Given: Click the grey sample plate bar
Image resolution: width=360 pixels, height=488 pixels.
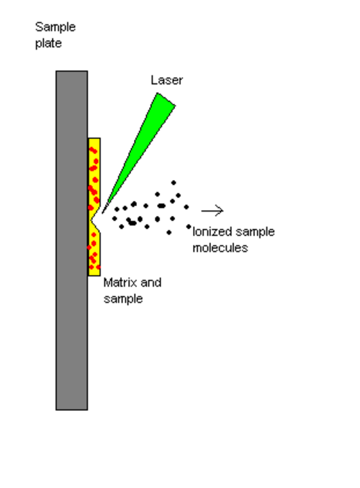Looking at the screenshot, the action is (71, 240).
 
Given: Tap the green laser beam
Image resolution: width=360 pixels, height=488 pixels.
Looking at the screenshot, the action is (143, 146).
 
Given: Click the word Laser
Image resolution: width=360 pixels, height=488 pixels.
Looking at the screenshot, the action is (166, 81).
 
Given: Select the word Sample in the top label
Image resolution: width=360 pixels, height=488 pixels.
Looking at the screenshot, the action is (55, 27).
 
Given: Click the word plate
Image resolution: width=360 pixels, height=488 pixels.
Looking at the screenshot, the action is (48, 43).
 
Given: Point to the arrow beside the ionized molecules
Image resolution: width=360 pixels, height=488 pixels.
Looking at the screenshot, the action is (212, 211).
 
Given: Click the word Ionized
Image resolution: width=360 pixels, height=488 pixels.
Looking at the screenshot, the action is (212, 232).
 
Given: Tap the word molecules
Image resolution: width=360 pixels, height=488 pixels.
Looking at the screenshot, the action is (220, 248).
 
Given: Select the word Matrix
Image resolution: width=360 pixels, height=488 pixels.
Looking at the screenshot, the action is (120, 283).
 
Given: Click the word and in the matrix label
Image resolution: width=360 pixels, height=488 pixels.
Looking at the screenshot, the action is (151, 283).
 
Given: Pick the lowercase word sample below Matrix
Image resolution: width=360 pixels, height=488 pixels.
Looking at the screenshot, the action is (123, 299).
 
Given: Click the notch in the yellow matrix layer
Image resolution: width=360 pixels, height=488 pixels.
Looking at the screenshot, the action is (94, 220).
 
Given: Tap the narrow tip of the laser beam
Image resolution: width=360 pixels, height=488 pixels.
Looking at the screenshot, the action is (103, 212).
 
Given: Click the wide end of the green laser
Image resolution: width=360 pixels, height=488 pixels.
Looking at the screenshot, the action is (166, 99).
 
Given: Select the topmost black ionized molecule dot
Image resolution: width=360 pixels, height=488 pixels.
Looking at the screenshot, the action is (174, 183).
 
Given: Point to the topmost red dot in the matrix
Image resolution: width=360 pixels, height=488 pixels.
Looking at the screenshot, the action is (93, 150).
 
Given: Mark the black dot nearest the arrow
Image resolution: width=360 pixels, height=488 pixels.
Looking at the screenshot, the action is (186, 207).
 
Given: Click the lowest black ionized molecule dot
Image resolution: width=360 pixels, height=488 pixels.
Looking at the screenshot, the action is (168, 232).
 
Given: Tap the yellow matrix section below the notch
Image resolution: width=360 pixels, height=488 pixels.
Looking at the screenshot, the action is (94, 253).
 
